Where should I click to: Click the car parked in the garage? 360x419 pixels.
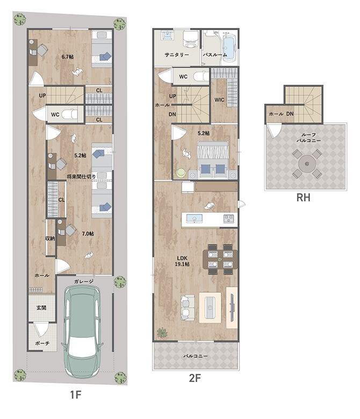coord(82,331)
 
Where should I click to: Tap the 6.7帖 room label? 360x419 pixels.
coord(68,56)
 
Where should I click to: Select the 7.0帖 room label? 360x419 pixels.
coord(88,234)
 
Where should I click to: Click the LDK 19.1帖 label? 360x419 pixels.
coord(182,261)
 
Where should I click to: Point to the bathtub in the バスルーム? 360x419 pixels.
coord(228,47)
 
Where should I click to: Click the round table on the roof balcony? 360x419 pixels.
coord(307,163)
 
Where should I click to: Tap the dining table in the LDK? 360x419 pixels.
coord(220,259)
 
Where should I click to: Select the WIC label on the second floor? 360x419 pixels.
coord(219,100)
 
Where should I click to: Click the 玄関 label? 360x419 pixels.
coord(41,308)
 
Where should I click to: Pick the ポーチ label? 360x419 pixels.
coord(42,343)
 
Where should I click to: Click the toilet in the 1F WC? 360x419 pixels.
coord(69,114)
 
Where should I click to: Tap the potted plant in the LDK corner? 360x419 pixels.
coord(162,333)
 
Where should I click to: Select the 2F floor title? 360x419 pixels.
coord(195,378)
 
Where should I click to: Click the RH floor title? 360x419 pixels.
coord(304,198)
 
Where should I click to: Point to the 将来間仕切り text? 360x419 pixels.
coord(81,177)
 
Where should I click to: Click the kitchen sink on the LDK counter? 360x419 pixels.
coord(195,219)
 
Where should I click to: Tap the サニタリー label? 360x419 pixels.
coord(177,55)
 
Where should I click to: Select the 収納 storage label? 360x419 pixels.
coord(50,238)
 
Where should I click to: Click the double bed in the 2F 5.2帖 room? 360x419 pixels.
coord(213,160)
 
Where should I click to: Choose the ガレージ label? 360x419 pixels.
coord(84,281)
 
